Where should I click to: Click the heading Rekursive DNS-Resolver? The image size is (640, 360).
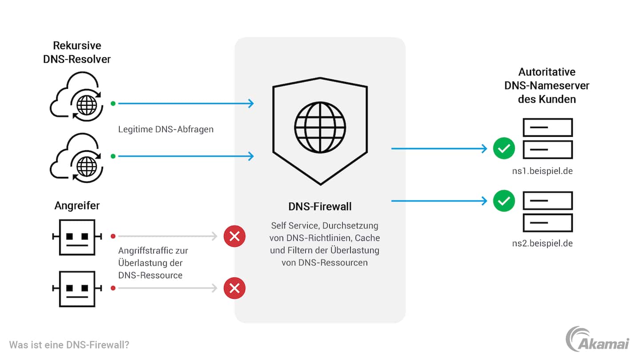(77, 52)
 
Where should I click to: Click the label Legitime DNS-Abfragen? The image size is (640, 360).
(166, 129)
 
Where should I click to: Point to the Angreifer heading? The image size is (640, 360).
(77, 205)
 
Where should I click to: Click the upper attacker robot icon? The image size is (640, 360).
(77, 237)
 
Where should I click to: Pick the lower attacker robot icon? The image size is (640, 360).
(77, 288)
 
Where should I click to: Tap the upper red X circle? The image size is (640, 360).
(235, 236)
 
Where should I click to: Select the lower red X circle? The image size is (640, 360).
(235, 288)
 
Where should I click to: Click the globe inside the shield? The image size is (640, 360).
(320, 128)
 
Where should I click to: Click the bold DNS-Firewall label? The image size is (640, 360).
(320, 207)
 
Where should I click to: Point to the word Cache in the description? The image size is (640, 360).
(367, 238)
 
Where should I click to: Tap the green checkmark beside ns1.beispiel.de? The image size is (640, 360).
(504, 149)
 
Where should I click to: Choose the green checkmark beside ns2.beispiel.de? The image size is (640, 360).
(504, 201)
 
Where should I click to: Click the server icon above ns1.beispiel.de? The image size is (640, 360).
(548, 138)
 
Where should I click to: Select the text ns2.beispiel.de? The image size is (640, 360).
(542, 244)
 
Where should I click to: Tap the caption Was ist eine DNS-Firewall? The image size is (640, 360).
(69, 345)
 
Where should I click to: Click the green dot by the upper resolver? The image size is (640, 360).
(113, 104)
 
